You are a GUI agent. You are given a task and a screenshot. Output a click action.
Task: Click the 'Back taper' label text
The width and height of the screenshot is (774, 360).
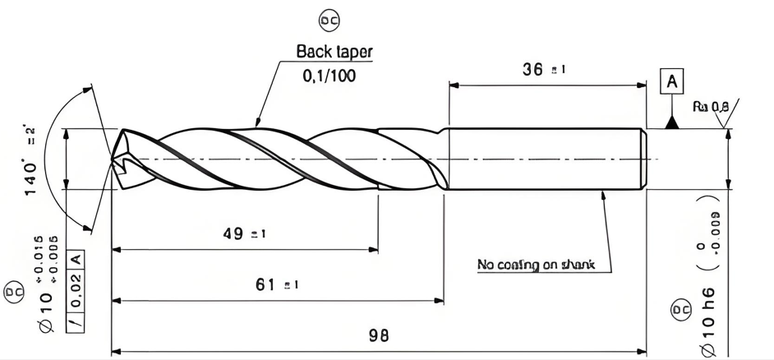[334, 51]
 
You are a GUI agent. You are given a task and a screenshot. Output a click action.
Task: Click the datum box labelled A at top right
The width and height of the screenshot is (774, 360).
[672, 82]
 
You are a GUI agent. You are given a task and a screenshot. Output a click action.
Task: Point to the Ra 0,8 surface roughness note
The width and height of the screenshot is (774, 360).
[710, 106]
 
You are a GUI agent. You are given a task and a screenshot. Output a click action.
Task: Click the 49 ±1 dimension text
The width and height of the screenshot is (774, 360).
[244, 234]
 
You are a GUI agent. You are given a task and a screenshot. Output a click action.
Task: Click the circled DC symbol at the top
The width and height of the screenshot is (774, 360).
[329, 20]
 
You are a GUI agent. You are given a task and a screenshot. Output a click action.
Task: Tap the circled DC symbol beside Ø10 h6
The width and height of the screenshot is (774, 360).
[681, 311]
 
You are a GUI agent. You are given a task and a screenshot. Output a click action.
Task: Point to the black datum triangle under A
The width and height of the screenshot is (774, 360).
[672, 122]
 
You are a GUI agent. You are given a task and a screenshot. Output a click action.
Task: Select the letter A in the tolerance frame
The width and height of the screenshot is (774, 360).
[74, 258]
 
